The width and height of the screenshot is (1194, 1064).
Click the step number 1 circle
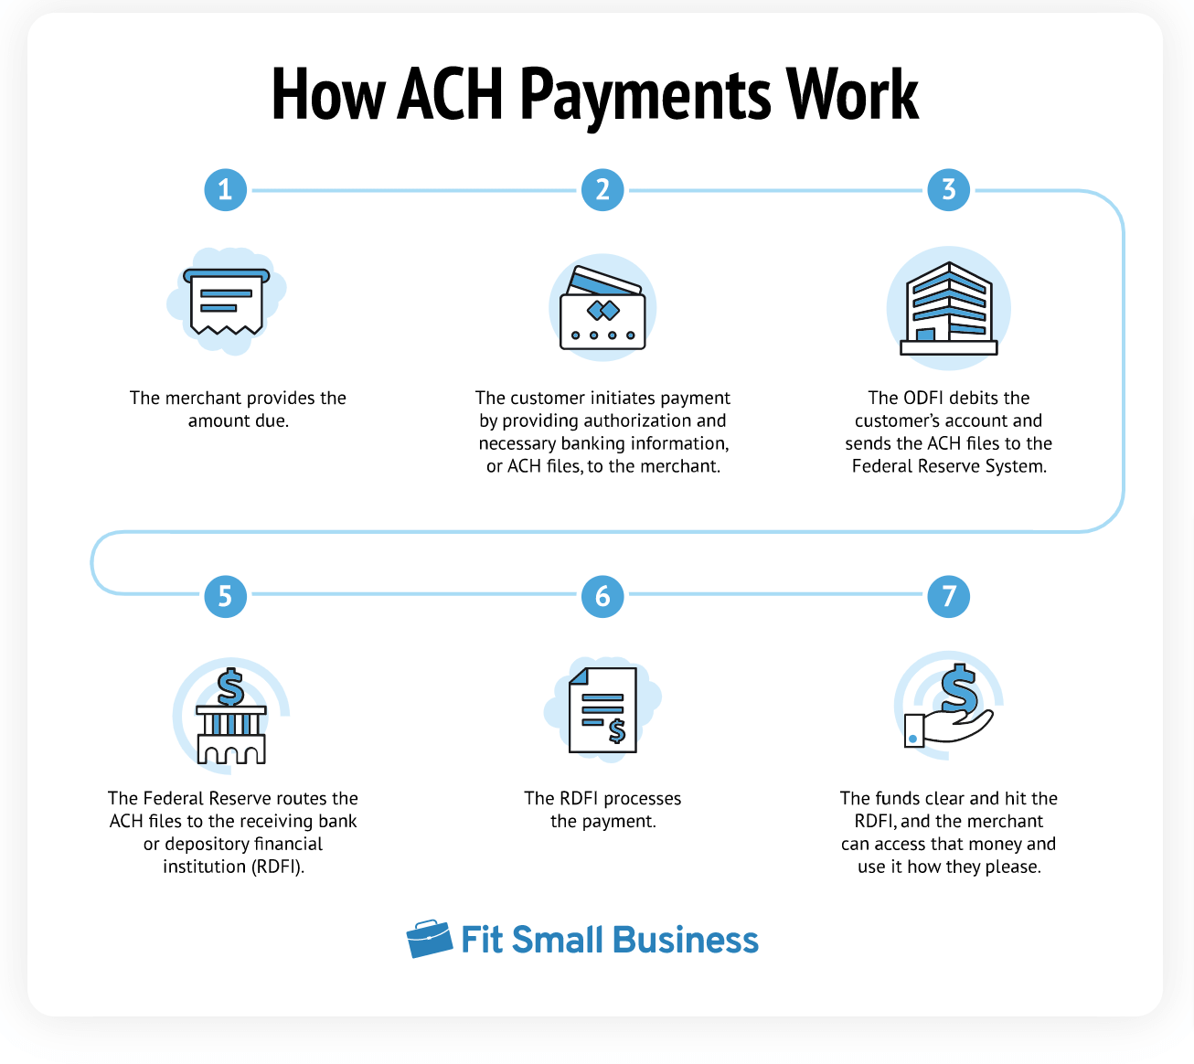225,190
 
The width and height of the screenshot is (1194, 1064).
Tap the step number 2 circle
602,190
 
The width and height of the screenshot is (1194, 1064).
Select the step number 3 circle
948,190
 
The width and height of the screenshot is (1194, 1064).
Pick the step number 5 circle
225,596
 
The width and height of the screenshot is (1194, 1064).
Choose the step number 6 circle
602,596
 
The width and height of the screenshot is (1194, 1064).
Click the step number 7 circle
948,596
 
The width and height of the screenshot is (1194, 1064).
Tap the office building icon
948,309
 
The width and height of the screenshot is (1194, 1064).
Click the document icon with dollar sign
602,709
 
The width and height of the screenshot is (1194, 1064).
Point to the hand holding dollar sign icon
948,708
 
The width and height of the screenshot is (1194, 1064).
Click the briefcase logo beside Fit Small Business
429,939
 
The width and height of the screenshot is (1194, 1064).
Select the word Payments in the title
645,96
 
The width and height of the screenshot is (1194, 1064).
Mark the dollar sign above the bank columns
230,686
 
